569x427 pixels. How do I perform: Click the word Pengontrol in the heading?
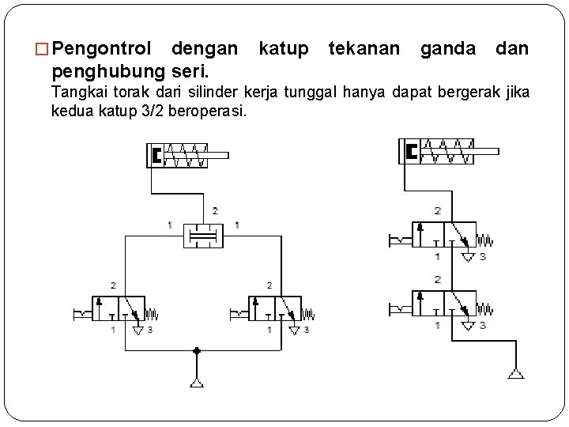(x=106, y=49)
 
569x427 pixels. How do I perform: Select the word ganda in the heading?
(x=448, y=49)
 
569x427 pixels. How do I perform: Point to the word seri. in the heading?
(x=188, y=74)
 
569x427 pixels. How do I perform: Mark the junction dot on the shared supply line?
(x=196, y=350)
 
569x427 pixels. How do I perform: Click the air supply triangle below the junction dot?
(x=196, y=384)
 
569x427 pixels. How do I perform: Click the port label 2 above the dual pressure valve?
(x=216, y=210)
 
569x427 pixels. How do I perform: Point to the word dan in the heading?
(x=513, y=49)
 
